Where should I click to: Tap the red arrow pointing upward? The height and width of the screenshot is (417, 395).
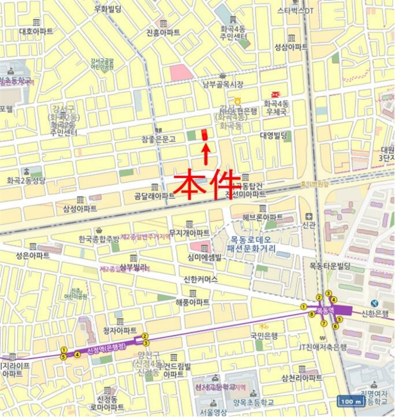click(x=206, y=153)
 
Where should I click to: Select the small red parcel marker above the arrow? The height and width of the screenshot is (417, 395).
click(x=205, y=135)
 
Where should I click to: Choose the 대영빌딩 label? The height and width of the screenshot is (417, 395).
click(x=273, y=135)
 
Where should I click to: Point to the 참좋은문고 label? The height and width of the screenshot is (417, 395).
click(x=158, y=139)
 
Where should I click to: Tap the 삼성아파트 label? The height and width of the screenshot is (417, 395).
click(x=80, y=208)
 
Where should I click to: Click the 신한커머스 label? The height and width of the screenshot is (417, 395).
click(x=201, y=279)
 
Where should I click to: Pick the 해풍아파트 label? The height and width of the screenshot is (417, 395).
click(x=192, y=303)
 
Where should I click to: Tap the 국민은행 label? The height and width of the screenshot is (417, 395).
click(x=265, y=335)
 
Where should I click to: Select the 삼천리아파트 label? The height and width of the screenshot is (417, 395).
click(x=301, y=378)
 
